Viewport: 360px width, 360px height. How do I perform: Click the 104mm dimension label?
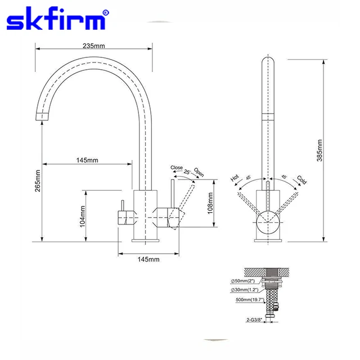pos(82,215)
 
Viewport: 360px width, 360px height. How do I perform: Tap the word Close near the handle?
pos(177,168)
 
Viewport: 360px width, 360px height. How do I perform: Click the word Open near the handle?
pos(199,172)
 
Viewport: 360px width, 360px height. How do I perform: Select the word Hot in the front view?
pos(235,178)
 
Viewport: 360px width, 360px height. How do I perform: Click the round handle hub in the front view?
pos(268,223)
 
